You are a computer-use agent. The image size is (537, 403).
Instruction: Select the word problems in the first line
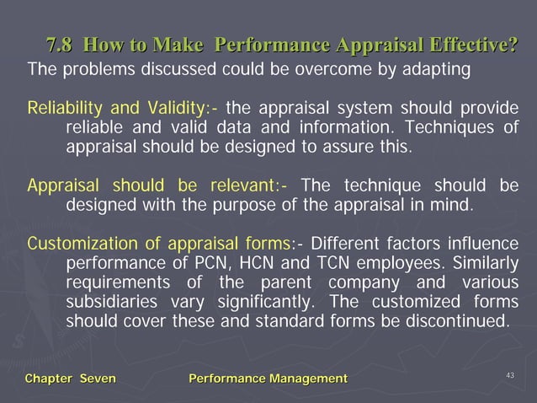(x=93, y=68)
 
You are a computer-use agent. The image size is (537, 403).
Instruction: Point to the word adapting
(x=438, y=68)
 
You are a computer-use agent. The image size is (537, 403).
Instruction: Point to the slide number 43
(x=511, y=374)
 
